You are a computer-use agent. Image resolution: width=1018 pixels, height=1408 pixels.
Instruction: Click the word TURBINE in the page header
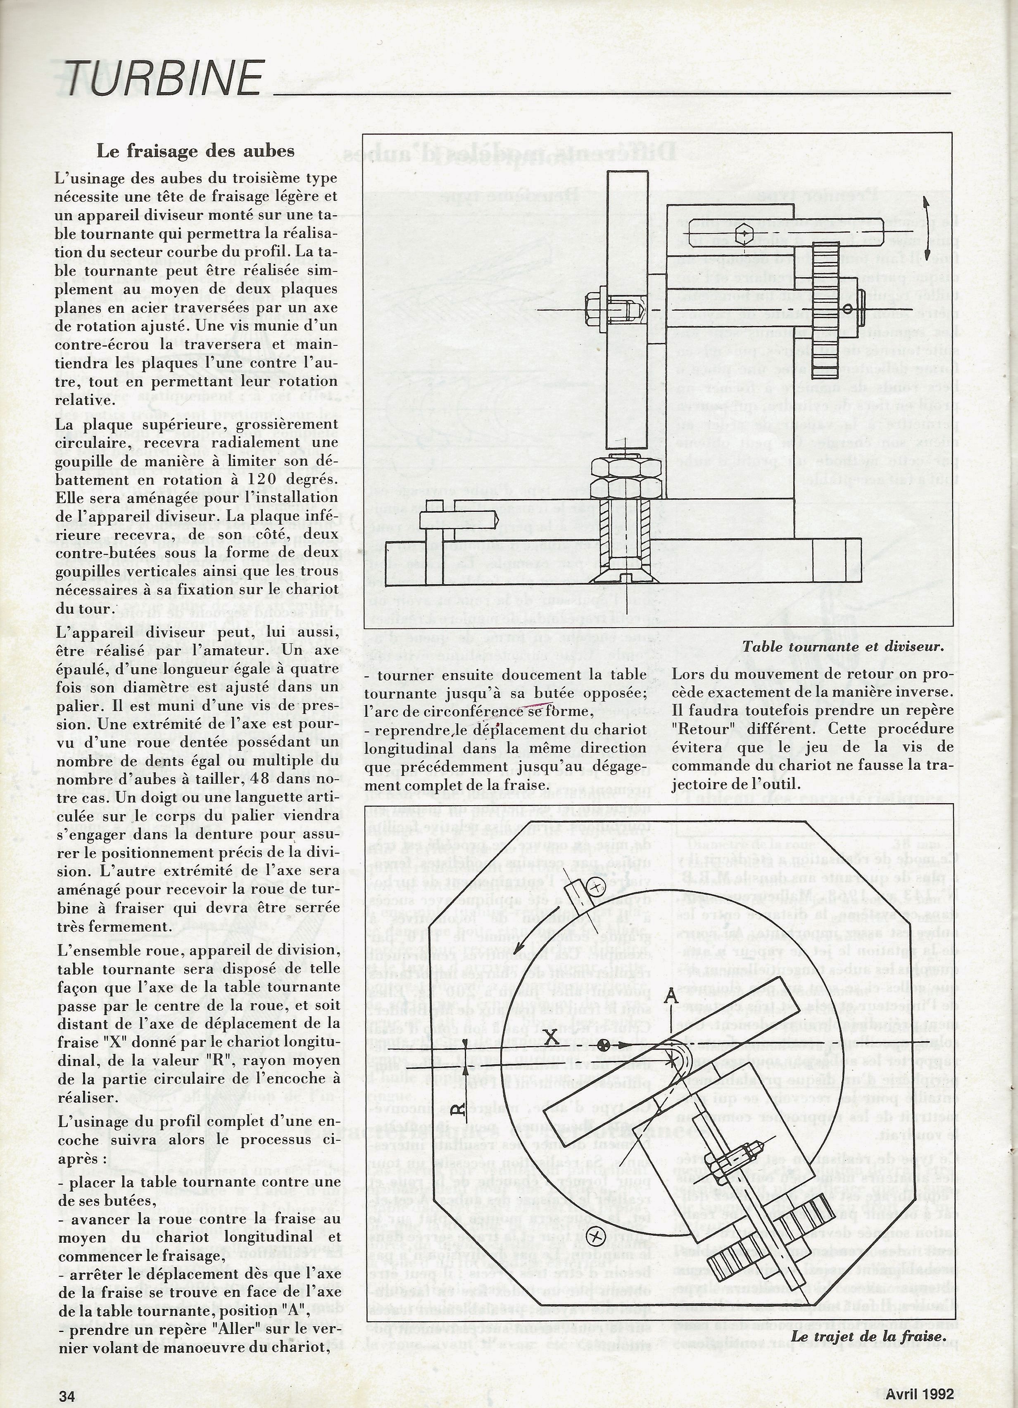pos(163,79)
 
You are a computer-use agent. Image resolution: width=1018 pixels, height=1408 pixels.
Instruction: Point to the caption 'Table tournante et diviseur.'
pos(842,646)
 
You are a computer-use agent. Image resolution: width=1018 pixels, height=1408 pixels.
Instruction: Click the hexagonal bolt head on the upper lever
pos(744,234)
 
